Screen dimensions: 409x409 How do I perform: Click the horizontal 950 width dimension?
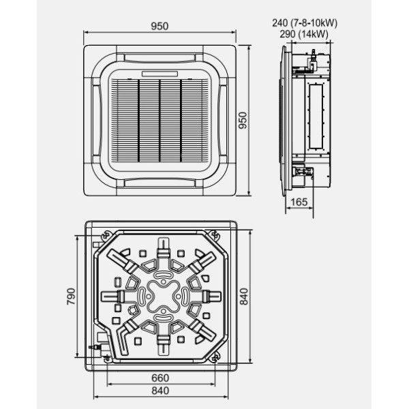click(161, 27)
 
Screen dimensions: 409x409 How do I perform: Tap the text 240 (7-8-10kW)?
click(304, 22)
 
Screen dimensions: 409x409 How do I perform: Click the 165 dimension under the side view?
click(298, 201)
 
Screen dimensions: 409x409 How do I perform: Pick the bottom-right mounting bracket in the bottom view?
click(217, 357)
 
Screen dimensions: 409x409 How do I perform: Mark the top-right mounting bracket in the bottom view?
click(217, 234)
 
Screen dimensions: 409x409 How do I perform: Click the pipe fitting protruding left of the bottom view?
click(94, 347)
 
